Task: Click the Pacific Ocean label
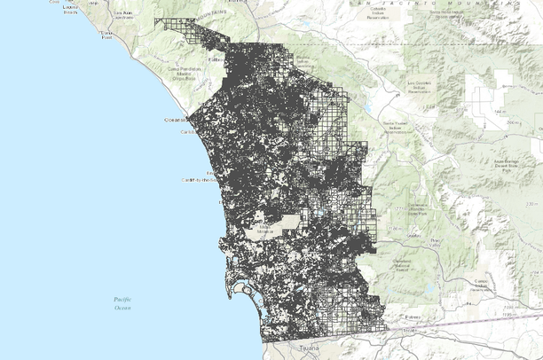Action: pos(122,304)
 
